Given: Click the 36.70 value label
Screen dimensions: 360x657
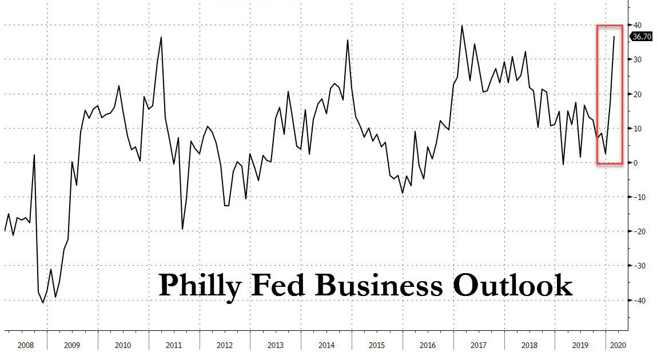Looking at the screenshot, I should click(x=640, y=37).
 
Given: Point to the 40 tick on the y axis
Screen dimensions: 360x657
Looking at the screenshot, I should click(x=637, y=25).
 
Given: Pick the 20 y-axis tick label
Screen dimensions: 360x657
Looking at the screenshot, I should click(x=637, y=94).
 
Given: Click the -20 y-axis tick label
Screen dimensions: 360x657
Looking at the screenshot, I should click(x=638, y=231).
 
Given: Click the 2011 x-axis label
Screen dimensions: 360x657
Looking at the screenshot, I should click(x=174, y=345).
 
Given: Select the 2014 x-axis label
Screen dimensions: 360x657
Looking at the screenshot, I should click(x=326, y=345).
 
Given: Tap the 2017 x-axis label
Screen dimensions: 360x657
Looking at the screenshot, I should click(x=479, y=345).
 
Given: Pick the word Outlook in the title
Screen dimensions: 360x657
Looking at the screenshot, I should click(x=512, y=284).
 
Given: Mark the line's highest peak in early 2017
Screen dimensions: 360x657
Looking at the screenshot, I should click(x=462, y=26).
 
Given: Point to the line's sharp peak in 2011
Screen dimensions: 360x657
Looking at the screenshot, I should click(x=161, y=37).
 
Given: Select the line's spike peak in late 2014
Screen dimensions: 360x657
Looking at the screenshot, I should click(x=348, y=39).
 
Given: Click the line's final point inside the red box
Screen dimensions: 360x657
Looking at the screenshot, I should click(x=614, y=37).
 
